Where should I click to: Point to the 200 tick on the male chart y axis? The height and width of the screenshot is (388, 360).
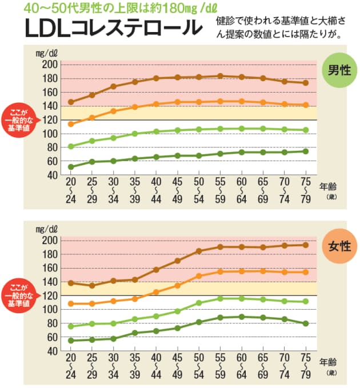pos(51,64)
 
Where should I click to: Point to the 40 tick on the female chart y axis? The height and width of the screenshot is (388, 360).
pos(51,351)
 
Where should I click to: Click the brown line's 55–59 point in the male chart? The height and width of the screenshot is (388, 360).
pos(219,76)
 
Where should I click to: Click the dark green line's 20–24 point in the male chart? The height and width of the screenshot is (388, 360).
pos(71,167)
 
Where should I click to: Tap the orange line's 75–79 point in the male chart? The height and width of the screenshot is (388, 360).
pos(306,105)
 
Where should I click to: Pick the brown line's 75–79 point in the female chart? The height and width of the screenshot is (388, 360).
pos(306,245)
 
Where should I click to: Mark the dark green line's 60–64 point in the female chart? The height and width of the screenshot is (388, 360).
pos(241,317)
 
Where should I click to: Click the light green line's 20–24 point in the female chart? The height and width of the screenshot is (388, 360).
pos(71,326)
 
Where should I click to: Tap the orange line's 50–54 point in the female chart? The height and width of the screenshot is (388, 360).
pos(198,276)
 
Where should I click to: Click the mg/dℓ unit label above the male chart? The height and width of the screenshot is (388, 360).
pos(46,53)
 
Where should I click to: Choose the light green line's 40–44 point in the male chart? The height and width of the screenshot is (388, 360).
pos(155,131)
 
